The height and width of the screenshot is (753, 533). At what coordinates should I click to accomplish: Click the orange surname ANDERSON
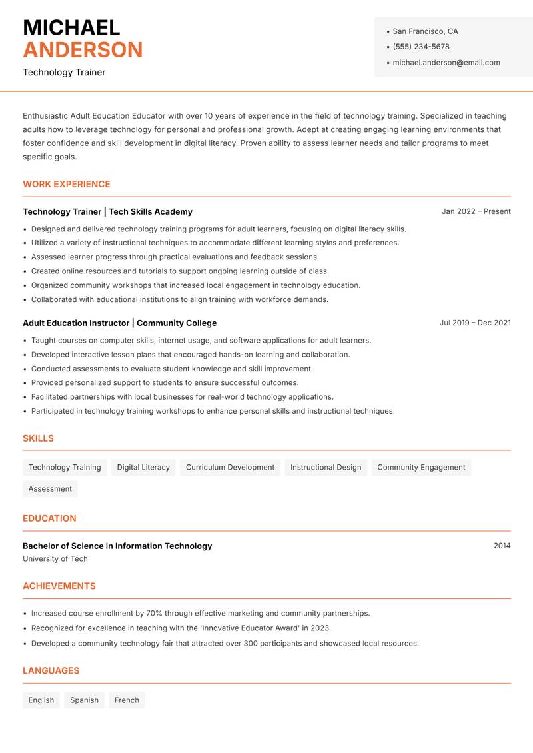click(83, 50)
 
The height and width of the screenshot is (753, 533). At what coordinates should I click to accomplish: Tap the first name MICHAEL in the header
click(71, 27)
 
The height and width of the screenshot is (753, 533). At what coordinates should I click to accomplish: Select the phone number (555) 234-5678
click(421, 47)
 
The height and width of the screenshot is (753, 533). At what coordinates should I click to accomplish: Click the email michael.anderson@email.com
click(446, 63)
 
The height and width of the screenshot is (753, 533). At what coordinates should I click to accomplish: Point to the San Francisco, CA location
click(425, 31)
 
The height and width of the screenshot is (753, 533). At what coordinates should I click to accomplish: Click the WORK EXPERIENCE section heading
click(67, 184)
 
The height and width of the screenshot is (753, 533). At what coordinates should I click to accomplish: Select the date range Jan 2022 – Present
click(476, 211)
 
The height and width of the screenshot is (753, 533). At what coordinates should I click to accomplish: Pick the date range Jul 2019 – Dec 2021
click(475, 323)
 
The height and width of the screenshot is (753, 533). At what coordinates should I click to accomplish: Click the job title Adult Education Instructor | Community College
click(119, 323)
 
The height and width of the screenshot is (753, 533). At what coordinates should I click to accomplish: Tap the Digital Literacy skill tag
click(143, 468)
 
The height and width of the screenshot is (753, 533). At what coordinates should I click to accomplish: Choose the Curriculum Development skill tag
click(230, 468)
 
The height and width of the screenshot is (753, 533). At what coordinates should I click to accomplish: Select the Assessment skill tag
click(50, 489)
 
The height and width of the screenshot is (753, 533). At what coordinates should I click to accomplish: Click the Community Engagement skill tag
click(421, 468)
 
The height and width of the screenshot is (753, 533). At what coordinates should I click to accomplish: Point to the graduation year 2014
click(502, 546)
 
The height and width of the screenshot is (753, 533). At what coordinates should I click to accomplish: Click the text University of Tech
click(55, 559)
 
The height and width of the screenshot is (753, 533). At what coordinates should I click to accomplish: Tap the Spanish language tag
click(84, 700)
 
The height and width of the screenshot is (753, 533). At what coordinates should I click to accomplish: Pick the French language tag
click(127, 700)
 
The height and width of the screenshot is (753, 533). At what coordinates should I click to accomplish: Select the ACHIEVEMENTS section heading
click(59, 586)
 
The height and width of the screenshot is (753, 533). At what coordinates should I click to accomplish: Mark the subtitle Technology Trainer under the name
click(64, 72)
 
